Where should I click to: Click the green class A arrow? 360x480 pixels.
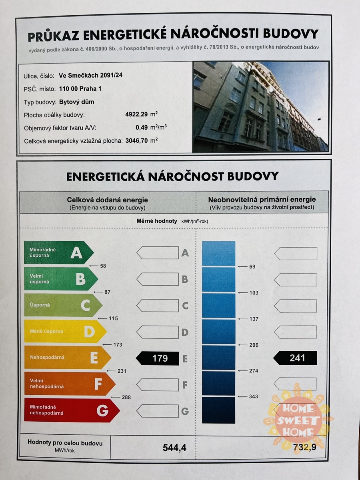(x=58, y=252)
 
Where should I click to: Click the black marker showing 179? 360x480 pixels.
(x=158, y=358)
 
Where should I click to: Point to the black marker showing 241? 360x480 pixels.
(x=296, y=358)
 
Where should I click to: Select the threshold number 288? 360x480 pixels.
(x=126, y=397)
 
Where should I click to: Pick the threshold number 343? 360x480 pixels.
(x=254, y=396)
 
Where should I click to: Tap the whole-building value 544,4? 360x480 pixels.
(x=174, y=447)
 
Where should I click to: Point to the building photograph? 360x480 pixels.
(x=260, y=106)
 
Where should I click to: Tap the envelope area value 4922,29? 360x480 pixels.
(x=136, y=114)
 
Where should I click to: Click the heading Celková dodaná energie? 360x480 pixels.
(x=108, y=200)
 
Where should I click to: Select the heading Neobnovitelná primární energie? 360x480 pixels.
(x=262, y=199)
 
